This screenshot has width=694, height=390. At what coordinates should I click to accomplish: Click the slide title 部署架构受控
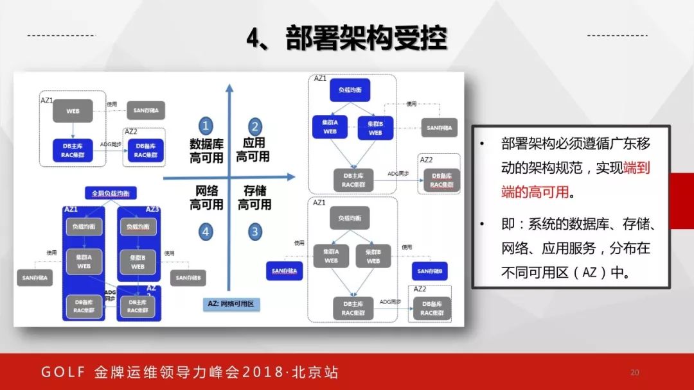[x=347, y=38]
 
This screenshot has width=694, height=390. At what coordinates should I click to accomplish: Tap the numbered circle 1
[x=206, y=126]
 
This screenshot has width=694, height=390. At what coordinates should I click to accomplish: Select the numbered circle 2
[x=255, y=126]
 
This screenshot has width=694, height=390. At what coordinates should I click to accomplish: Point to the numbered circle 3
[x=255, y=232]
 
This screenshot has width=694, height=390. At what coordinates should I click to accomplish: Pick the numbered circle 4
[x=206, y=232]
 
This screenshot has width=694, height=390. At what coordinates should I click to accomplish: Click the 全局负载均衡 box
[x=111, y=193]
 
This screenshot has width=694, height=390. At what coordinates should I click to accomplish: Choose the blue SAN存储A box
[x=287, y=271]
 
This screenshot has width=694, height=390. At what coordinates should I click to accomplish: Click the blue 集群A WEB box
[x=330, y=127]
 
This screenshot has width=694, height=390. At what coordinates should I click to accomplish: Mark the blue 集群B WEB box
[x=375, y=128]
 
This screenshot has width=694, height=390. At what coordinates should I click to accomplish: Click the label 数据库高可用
[x=206, y=149]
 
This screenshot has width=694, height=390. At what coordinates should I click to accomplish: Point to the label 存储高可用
[x=254, y=198]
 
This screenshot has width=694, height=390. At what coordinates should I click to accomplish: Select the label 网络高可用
[x=206, y=198]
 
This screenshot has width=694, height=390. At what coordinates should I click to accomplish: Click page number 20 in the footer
[x=635, y=372]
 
